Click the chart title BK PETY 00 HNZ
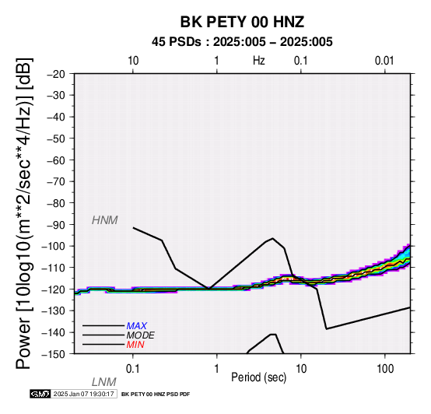pos(242,22)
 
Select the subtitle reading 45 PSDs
pos(177,42)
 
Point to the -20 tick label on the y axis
pos(56,74)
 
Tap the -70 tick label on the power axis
pos(56,182)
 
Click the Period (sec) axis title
pos(258,377)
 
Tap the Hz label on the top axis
pos(258,61)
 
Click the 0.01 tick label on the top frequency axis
pos(384,61)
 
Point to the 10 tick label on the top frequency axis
pos(133,61)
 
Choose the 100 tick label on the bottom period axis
pos(385,369)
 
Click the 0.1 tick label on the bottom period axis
pos(133,369)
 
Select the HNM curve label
pos(105,220)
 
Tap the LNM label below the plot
pos(104,382)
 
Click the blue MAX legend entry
pos(137,326)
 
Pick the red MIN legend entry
pos(135,345)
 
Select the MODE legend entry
pos(141,335)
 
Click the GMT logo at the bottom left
pos(40,394)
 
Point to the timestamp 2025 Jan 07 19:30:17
pos(83,394)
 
